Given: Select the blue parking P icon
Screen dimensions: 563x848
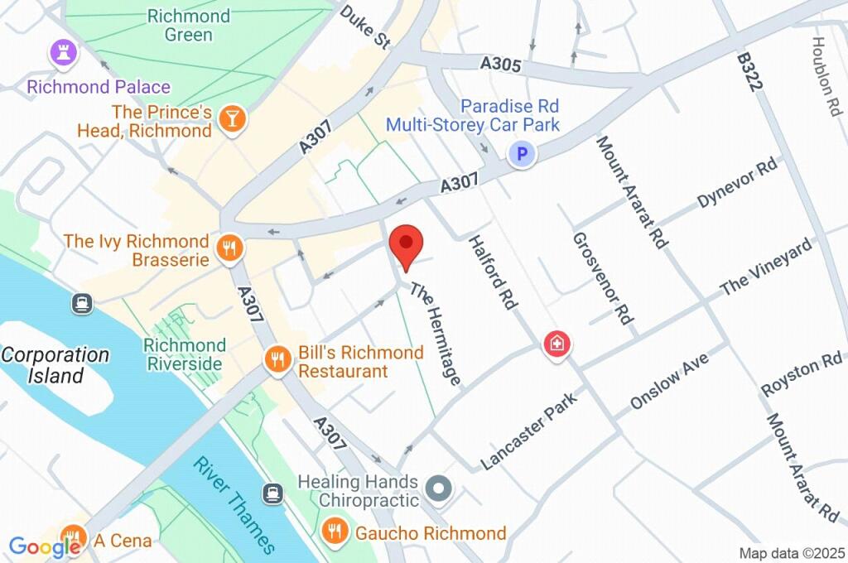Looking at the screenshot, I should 522,154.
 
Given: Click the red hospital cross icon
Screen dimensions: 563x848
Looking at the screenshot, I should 557,344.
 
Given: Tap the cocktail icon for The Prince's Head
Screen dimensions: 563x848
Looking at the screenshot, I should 232,120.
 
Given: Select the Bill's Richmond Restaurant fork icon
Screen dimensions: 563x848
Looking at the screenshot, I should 277,360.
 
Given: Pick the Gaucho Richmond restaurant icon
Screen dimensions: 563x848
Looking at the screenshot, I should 335,532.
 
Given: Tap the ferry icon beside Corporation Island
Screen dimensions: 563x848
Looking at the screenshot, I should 81,304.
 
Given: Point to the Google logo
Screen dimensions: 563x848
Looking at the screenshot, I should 44,546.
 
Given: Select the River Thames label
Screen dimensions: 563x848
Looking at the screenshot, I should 234,504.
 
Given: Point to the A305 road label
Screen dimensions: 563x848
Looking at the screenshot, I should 500,64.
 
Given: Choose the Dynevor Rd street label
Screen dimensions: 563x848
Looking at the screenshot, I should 738,183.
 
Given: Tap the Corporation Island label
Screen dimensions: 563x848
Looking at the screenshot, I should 55,365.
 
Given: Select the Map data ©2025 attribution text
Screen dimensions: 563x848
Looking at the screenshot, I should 791,552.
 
